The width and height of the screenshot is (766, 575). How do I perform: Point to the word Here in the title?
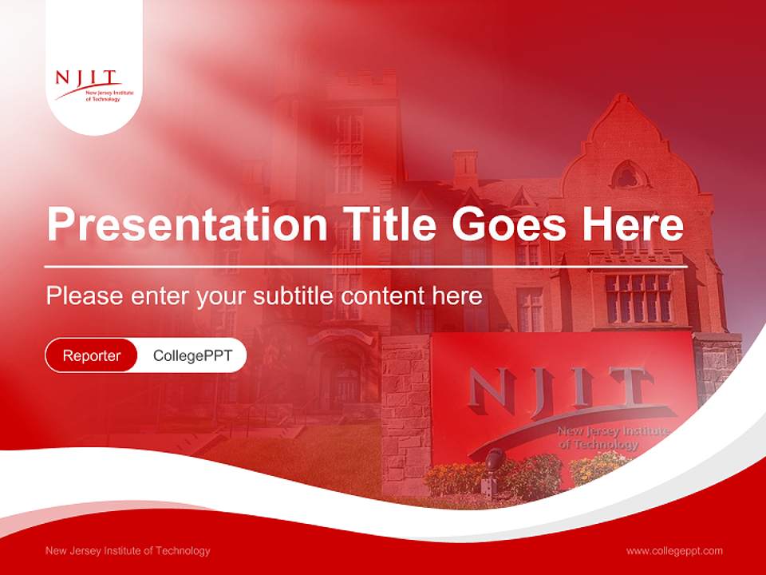click(633, 224)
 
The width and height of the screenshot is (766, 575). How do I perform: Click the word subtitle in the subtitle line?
click(294, 295)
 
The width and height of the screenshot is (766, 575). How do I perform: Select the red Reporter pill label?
click(92, 355)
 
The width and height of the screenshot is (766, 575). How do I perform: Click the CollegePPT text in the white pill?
click(192, 355)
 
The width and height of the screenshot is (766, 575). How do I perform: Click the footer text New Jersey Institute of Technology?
click(128, 551)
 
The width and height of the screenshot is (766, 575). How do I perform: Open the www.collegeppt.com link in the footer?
click(674, 551)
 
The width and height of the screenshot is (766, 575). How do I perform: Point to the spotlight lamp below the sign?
click(494, 459)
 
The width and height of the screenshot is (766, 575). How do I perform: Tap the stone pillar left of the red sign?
click(405, 415)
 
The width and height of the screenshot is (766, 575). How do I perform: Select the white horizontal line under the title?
click(366, 266)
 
